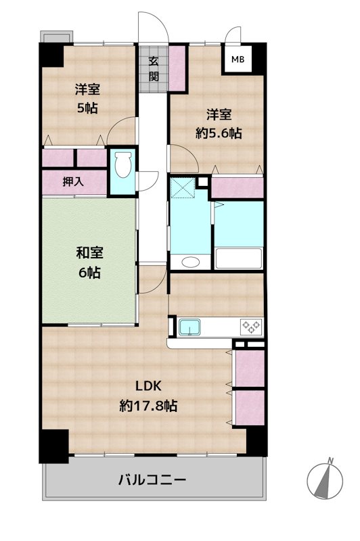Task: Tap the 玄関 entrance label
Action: point(154,69)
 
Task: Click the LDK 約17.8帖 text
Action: point(148,396)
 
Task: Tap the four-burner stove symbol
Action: point(251,327)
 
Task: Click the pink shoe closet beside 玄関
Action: point(178,68)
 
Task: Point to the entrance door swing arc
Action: point(152,24)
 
